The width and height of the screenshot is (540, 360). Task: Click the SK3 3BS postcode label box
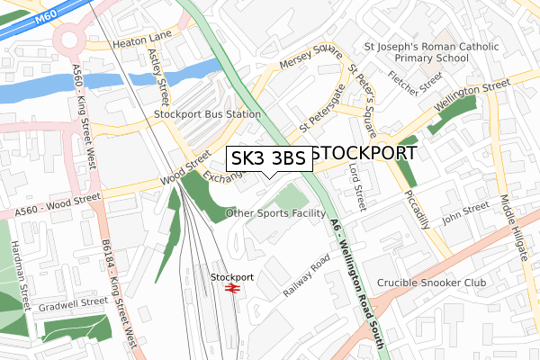click(x=267, y=158)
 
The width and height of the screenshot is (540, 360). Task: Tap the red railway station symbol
click(x=231, y=289)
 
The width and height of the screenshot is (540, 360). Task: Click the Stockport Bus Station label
click(x=207, y=114)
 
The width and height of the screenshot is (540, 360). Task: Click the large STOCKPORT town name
click(x=367, y=152)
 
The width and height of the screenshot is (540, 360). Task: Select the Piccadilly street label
click(x=415, y=210)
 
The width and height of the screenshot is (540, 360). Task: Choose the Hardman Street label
click(x=16, y=270)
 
